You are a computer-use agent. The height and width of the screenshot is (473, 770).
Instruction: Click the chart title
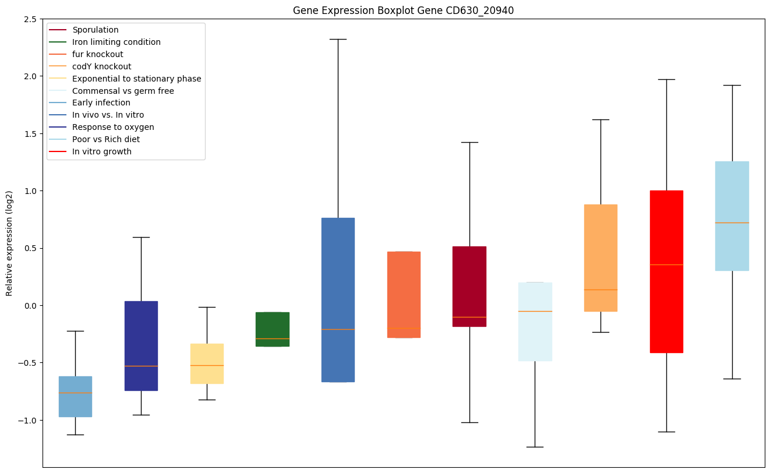(403, 10)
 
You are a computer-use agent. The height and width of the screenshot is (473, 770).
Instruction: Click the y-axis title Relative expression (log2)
(9, 243)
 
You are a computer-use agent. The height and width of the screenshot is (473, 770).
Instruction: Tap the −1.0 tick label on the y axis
(27, 421)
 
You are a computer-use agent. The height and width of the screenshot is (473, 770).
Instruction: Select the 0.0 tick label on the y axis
(29, 306)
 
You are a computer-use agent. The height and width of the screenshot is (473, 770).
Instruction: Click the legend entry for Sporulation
(95, 30)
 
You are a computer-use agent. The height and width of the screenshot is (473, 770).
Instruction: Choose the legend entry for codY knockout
(101, 66)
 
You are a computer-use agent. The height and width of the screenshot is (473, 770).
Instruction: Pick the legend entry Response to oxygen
(113, 127)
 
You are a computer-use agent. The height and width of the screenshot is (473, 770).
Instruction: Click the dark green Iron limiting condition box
(273, 329)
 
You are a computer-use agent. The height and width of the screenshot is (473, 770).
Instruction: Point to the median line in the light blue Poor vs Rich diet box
(732, 223)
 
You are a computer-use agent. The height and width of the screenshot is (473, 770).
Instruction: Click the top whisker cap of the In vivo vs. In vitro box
(338, 39)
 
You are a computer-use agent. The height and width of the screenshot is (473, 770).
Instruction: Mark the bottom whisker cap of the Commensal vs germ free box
(535, 447)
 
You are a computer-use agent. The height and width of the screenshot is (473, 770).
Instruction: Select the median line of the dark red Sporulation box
(469, 317)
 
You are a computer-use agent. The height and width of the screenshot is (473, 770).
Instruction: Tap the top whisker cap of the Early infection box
(75, 331)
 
